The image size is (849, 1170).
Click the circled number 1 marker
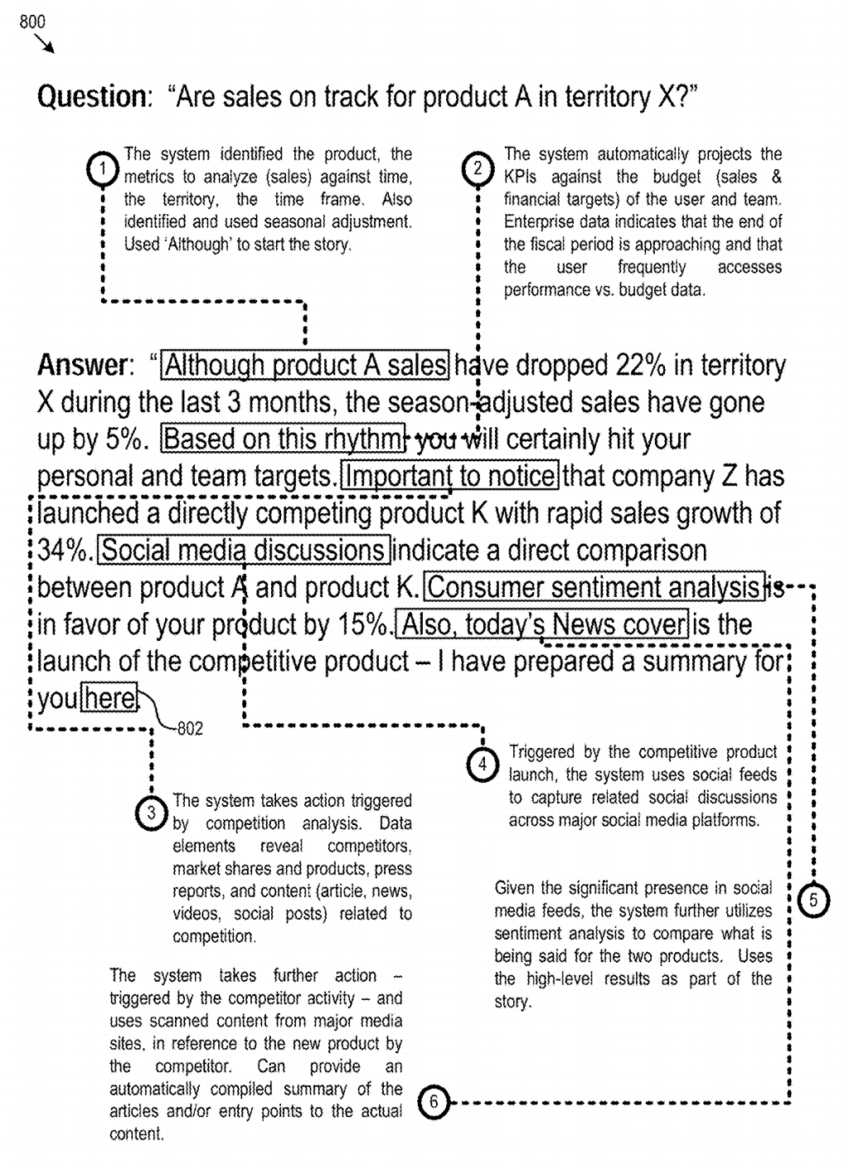102,169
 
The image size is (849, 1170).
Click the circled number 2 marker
478,168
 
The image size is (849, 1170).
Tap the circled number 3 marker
151,813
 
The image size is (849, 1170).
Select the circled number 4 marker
483,763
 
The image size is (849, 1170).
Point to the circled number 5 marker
813,901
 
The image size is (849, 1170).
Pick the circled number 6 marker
434,1102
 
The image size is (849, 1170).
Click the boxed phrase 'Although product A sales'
306,365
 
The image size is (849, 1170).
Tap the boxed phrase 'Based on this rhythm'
284,439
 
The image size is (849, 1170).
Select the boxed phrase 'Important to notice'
450,476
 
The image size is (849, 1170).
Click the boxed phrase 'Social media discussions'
244,550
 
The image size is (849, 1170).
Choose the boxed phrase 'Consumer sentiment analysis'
594,587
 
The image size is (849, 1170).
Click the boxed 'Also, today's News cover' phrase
543,624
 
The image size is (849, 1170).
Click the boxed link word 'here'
109,698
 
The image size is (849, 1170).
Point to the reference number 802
190,729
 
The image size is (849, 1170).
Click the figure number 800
32,22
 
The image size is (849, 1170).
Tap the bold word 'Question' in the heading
91,97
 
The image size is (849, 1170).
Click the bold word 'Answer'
83,365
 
